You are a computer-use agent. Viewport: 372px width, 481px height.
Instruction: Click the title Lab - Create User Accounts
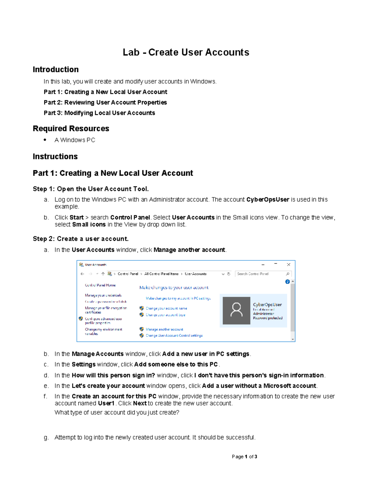click(x=186, y=52)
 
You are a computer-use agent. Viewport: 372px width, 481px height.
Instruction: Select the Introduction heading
click(x=56, y=69)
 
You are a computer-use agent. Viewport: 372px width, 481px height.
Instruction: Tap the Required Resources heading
click(x=71, y=129)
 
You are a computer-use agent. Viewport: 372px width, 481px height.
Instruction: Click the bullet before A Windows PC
click(x=45, y=140)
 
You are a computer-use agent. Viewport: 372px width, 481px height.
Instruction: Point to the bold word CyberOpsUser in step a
click(x=268, y=199)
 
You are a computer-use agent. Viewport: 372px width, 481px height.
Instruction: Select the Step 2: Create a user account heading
click(x=81, y=239)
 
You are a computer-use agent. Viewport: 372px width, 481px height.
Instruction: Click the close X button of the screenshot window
click(x=288, y=265)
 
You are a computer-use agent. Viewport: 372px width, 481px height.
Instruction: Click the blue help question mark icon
click(x=287, y=282)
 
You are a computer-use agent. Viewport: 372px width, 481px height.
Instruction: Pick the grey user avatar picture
click(x=237, y=310)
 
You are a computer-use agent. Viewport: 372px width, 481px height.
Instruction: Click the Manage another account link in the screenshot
click(x=164, y=329)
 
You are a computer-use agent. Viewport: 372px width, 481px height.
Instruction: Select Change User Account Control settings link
click(x=174, y=335)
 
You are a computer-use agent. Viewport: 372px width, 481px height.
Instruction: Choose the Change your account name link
click(x=166, y=308)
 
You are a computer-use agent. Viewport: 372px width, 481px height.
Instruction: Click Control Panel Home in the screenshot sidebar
click(x=100, y=285)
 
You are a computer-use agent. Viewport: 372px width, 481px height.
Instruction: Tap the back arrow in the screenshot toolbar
click(x=82, y=274)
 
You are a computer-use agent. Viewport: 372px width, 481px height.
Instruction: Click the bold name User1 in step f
click(x=106, y=403)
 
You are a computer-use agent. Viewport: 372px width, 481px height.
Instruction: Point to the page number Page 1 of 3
click(x=244, y=457)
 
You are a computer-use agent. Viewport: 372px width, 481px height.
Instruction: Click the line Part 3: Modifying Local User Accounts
click(x=99, y=113)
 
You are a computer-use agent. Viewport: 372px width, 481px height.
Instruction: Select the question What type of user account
click(x=117, y=413)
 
